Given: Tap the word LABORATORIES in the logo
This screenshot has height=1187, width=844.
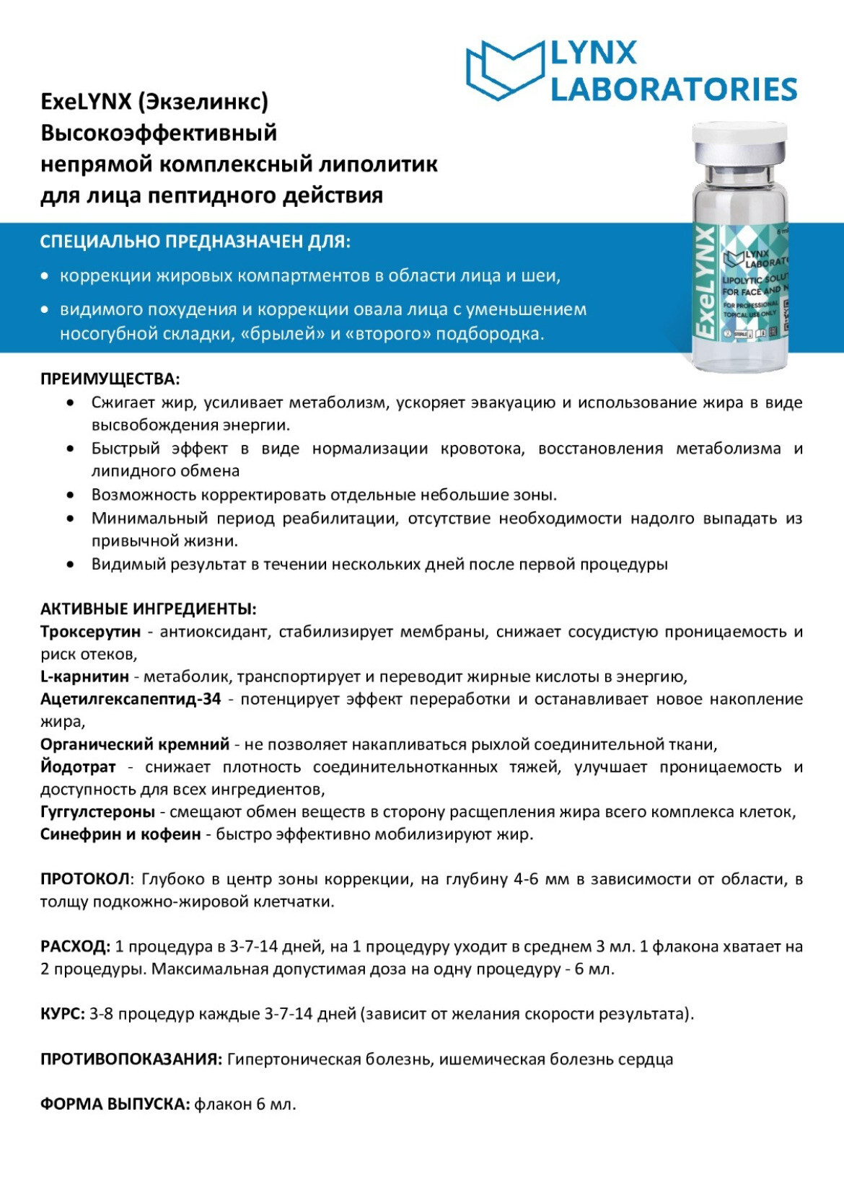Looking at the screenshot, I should tap(674, 89).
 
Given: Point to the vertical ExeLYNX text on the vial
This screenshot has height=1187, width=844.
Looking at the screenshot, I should tap(706, 282).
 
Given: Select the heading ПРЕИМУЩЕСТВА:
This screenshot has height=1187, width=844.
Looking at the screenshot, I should tap(110, 379).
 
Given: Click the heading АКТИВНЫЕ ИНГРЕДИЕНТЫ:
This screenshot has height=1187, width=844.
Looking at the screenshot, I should tap(149, 609).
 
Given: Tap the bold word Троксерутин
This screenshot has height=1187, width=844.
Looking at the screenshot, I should tap(91, 632).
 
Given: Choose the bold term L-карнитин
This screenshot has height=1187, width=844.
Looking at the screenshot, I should tap(84, 676).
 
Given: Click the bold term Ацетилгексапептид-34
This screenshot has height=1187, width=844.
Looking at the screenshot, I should tap(131, 699).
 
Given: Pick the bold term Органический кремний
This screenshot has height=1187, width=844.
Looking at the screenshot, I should tap(135, 744).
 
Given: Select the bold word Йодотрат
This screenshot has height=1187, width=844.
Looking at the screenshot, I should tap(78, 767).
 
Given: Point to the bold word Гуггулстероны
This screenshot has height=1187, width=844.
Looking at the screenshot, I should tap(97, 812).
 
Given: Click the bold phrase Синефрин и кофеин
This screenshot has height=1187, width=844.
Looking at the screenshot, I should tap(120, 834).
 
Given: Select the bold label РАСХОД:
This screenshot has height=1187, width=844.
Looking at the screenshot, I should tap(75, 946).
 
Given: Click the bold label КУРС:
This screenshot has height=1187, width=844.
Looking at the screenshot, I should tap(63, 1014).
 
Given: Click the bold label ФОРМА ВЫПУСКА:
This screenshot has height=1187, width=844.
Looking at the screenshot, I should tap(115, 1104).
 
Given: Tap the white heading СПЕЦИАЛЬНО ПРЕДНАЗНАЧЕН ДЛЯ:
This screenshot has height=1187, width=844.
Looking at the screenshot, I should tap(195, 242).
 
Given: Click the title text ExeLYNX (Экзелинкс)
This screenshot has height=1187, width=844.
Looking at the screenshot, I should tap(154, 102).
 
